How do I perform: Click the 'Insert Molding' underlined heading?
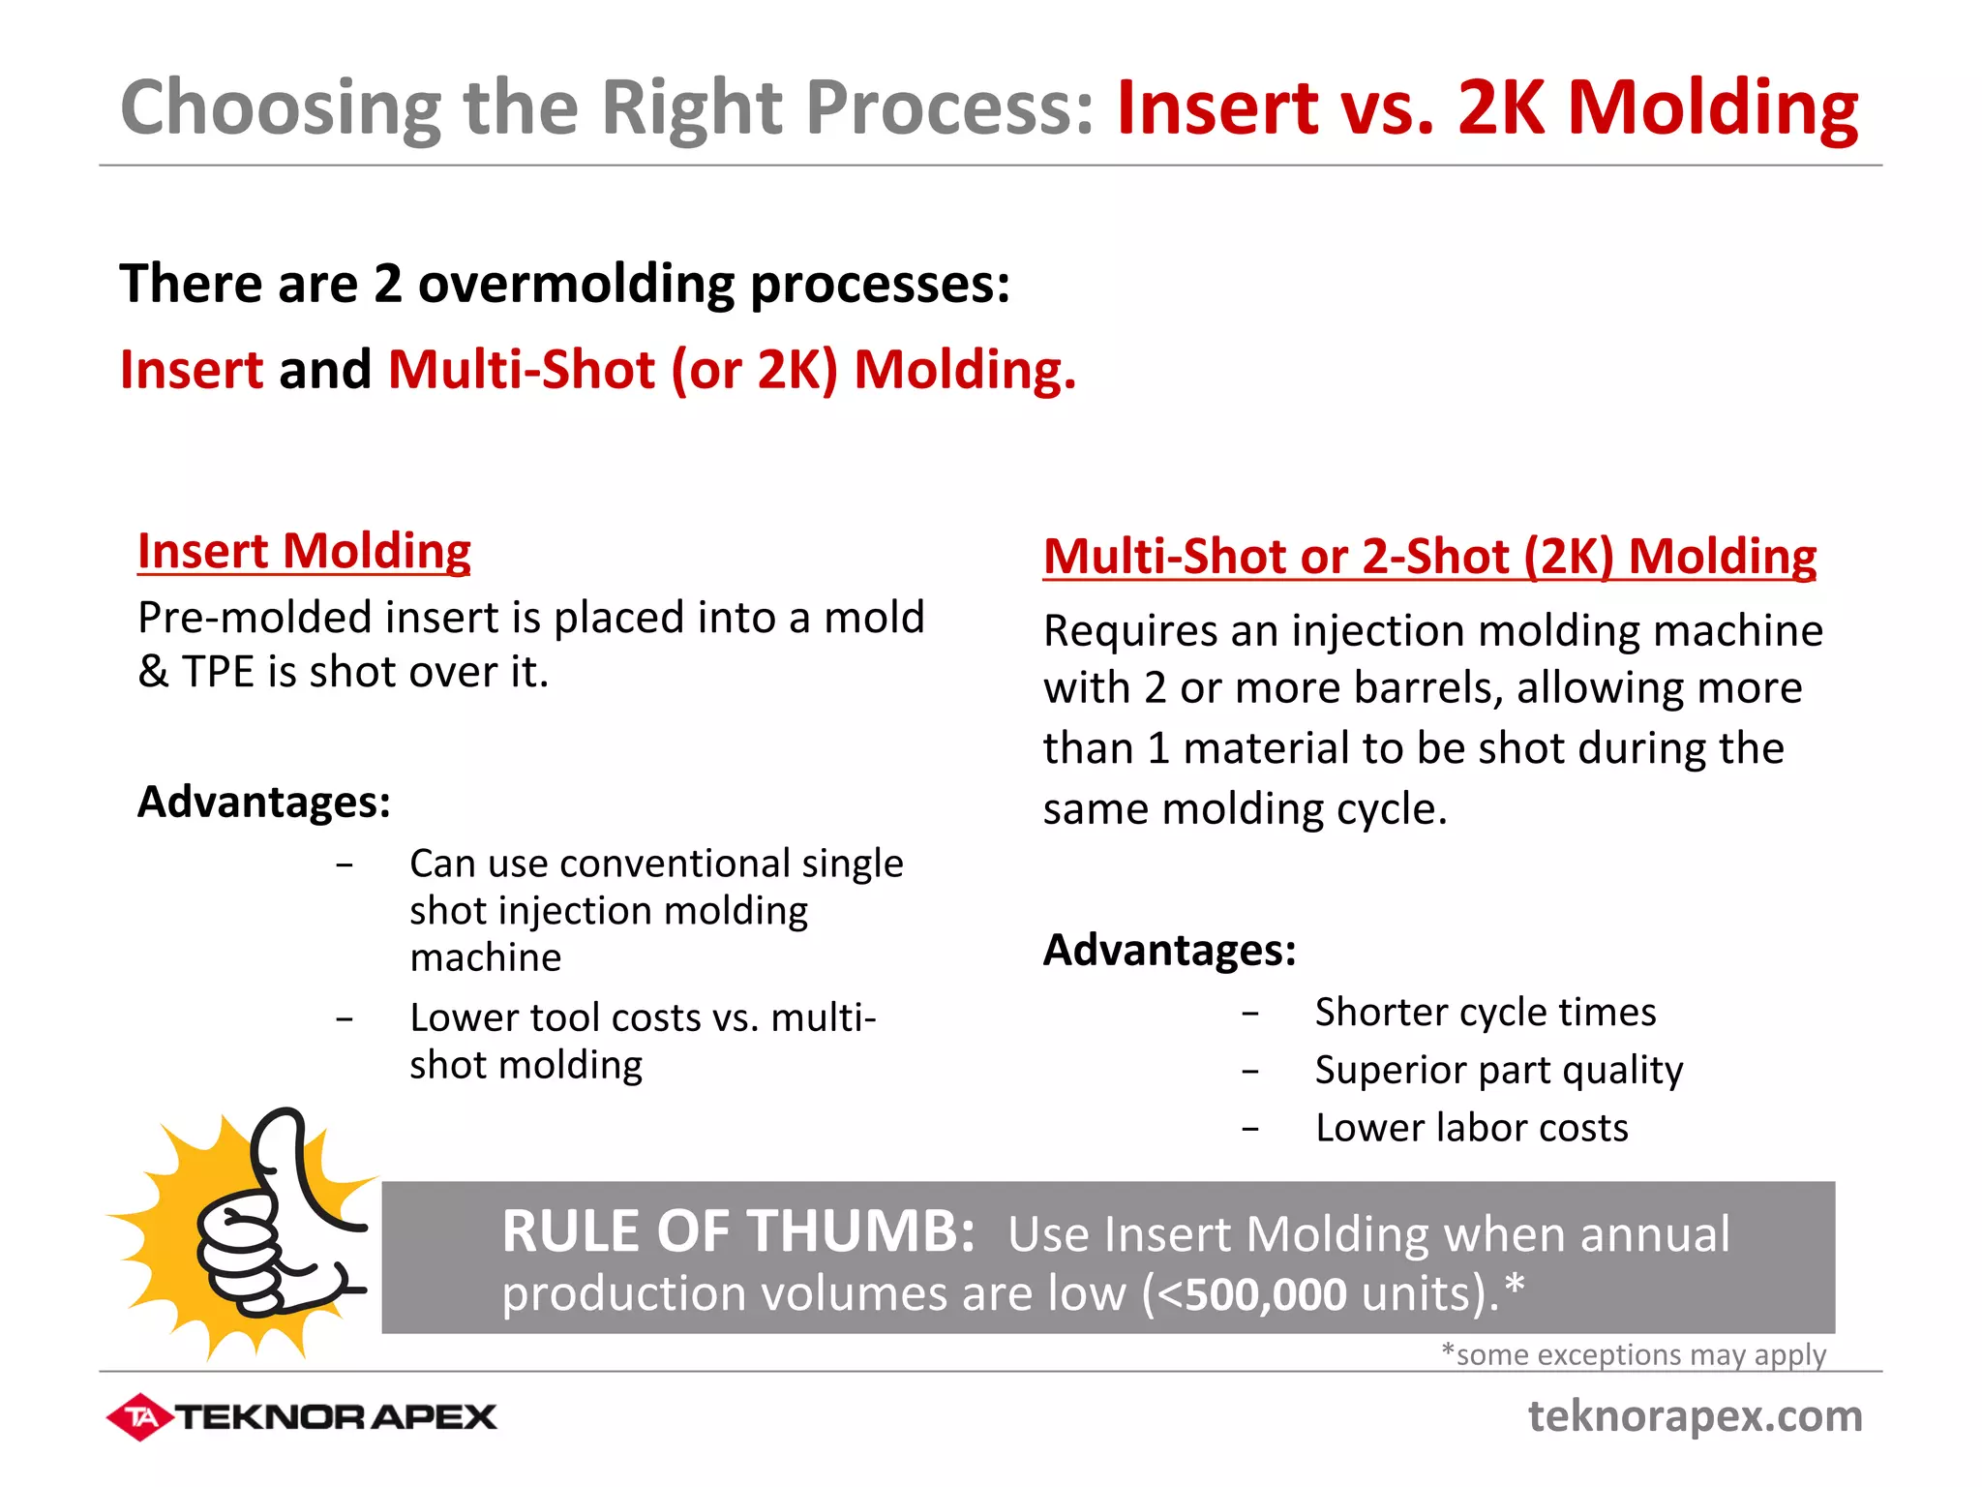click(304, 551)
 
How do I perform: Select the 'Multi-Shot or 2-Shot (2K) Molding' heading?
click(1429, 557)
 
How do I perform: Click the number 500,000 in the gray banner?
click(1265, 1294)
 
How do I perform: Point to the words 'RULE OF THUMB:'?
click(738, 1232)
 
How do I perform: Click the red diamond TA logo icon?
click(140, 1417)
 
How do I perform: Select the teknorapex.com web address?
click(1695, 1416)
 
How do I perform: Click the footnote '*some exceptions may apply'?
click(1633, 1354)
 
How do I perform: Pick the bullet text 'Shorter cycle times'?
click(1486, 1013)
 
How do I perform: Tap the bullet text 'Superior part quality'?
click(1498, 1071)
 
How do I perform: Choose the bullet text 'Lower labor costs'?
click(1471, 1129)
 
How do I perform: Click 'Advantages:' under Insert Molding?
click(264, 802)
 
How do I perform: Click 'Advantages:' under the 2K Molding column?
click(1169, 950)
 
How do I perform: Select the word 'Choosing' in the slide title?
click(281, 108)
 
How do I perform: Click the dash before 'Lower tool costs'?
click(345, 1019)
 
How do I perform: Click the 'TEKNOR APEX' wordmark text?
click(335, 1417)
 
